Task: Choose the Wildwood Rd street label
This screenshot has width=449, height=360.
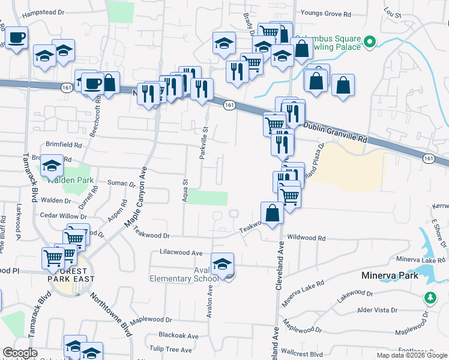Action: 306,238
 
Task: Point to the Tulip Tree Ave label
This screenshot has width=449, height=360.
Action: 171,350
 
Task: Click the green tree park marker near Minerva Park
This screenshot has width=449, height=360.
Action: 430,297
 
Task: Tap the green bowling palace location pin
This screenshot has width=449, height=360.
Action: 370,42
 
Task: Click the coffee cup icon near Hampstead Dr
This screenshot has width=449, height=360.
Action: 16,38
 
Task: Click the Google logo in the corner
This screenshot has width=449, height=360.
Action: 20,353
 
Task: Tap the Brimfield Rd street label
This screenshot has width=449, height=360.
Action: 64,145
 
